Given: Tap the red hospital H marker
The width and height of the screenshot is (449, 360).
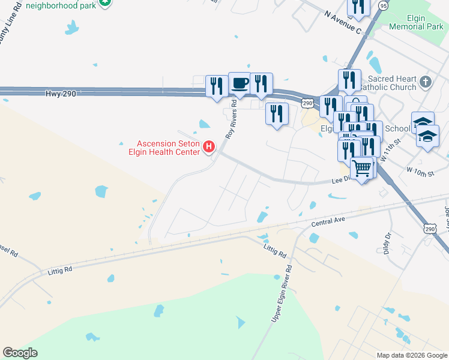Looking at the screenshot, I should [209, 146].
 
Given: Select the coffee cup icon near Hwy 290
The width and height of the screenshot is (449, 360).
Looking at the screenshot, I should [240, 83].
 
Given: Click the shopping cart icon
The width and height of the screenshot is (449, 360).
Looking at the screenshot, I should [362, 167].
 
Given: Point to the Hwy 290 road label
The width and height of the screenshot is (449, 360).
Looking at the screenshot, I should [61, 94].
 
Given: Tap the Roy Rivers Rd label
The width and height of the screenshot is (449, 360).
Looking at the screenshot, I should [232, 119].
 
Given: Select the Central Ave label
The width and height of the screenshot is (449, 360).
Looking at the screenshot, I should [328, 222].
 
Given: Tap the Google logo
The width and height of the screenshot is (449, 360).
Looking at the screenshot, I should [20, 353].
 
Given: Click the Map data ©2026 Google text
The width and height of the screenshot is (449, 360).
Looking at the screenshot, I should [412, 355].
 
